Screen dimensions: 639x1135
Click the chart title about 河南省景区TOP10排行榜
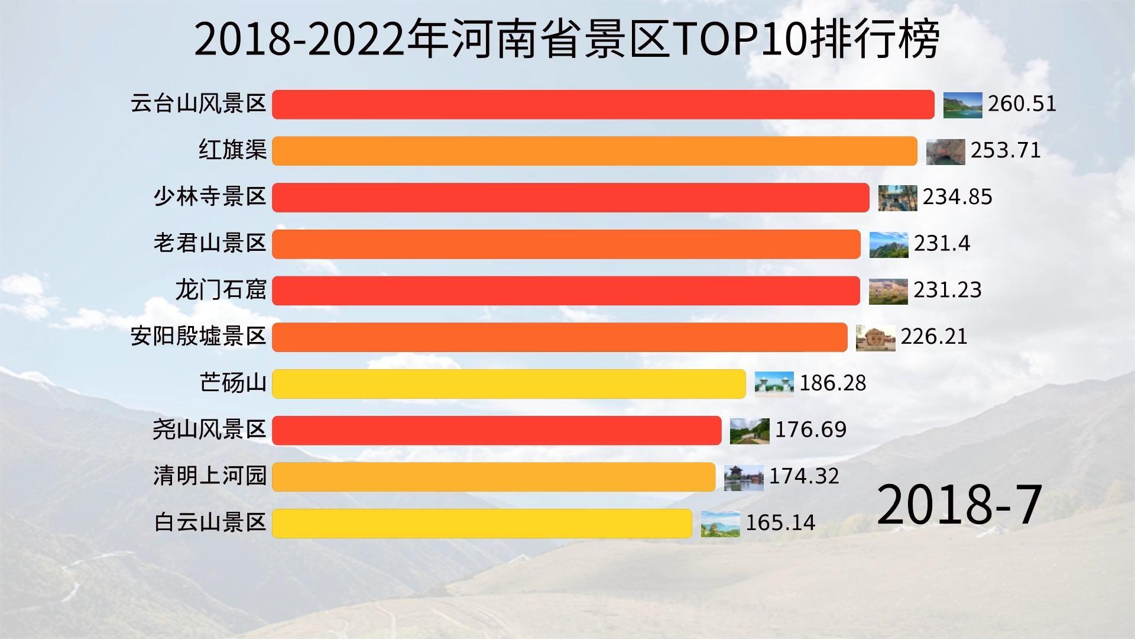click(x=566, y=40)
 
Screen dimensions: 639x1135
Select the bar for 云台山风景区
click(x=603, y=105)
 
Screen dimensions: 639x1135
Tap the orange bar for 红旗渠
click(x=594, y=151)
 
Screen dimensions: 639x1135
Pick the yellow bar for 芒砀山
click(x=508, y=384)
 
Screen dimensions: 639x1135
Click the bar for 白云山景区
click(x=482, y=524)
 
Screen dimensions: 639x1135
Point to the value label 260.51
click(x=1022, y=104)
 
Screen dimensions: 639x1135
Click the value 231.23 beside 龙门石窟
click(x=947, y=290)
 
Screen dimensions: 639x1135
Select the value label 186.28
click(x=832, y=383)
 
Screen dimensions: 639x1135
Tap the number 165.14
click(x=780, y=523)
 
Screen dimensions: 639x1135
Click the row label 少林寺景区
click(x=210, y=196)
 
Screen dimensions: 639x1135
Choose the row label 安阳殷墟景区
click(x=199, y=337)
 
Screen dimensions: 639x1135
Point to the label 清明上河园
click(x=210, y=476)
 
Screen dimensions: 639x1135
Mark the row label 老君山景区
click(x=210, y=243)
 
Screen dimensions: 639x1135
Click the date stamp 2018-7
click(x=958, y=505)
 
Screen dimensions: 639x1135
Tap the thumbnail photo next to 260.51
click(x=962, y=105)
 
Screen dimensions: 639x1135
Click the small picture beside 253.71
click(x=945, y=152)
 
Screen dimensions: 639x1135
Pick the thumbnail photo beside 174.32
click(x=744, y=477)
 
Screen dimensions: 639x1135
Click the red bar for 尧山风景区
click(x=497, y=430)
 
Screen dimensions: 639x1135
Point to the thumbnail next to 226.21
click(x=875, y=338)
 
